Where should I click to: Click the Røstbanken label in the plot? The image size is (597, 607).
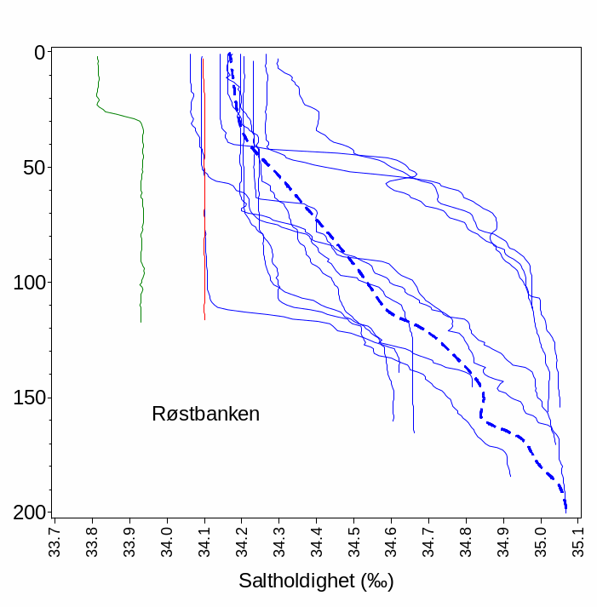[205, 415]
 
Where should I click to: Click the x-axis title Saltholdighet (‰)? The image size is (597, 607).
[316, 582]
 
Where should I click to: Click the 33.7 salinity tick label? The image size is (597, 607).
[55, 539]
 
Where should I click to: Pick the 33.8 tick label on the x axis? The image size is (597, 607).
[93, 539]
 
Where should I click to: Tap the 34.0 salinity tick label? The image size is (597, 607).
[168, 539]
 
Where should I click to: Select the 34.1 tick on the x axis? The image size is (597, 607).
[205, 539]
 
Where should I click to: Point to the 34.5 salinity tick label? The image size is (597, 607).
[354, 539]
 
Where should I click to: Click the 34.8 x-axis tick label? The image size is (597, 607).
[467, 539]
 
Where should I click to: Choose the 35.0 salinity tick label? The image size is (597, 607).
[542, 539]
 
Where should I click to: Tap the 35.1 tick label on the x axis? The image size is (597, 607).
[579, 539]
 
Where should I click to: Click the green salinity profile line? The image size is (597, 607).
[142, 213]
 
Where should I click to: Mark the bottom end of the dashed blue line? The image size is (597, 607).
[565, 511]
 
